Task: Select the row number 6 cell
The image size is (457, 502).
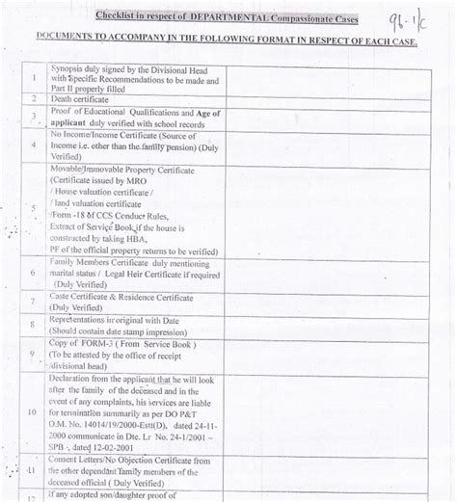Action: tap(34, 273)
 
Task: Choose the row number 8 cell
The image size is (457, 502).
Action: tap(34, 326)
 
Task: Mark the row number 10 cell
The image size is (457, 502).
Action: tap(34, 412)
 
